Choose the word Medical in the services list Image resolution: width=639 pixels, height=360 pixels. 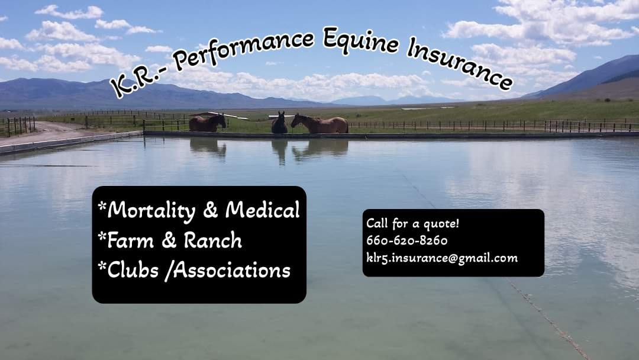click(263, 210)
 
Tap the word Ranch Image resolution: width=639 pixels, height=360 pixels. click(212, 240)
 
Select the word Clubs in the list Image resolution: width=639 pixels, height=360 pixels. click(133, 270)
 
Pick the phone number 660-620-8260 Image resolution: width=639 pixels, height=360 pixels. click(406, 240)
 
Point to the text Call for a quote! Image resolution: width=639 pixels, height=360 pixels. click(412, 224)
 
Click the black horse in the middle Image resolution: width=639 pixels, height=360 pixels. click(279, 123)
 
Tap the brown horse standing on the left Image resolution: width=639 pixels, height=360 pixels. click(207, 123)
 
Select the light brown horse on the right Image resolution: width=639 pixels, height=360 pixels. click(320, 124)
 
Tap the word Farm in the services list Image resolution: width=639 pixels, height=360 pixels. click(130, 240)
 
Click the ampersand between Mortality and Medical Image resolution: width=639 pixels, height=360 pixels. click(210, 210)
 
